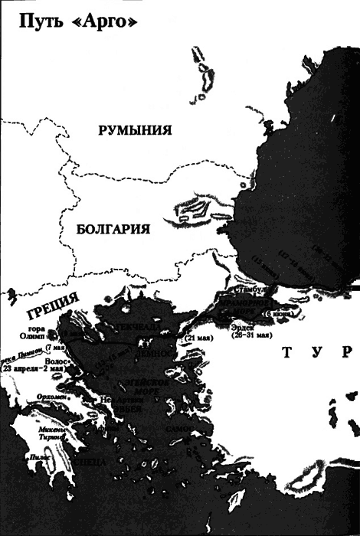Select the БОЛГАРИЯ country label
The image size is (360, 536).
112,229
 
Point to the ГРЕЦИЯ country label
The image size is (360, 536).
52,307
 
